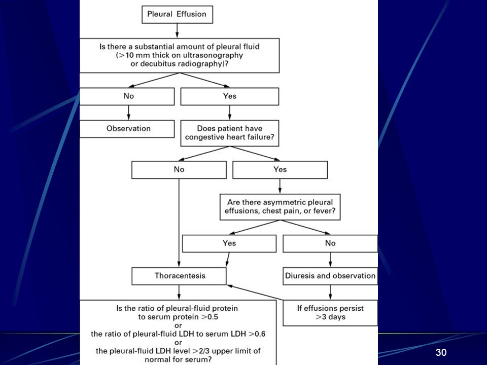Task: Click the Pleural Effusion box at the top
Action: coord(177,14)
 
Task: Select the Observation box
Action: coord(127,129)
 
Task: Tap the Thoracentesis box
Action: coord(179,276)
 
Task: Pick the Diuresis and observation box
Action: coord(330,276)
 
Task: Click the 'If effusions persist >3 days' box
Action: coord(330,313)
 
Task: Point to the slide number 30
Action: coord(441,352)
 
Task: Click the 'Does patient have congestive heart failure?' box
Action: coord(229,133)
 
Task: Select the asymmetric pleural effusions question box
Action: coord(280,207)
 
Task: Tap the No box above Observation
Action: coord(127,96)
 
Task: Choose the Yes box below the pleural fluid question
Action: coord(229,96)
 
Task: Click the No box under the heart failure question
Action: coord(179,170)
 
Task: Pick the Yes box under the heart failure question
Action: coord(280,170)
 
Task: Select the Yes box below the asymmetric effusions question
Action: coord(229,243)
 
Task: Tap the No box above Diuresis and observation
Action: coord(330,243)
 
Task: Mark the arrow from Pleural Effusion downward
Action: coord(177,31)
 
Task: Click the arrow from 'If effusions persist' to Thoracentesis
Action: coord(255,293)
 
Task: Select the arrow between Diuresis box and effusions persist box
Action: coord(330,293)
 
